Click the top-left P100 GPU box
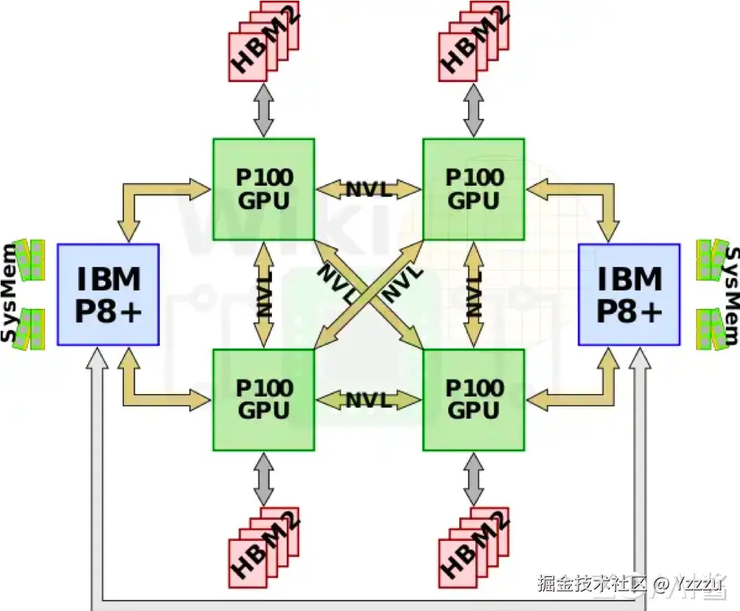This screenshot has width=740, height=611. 263,189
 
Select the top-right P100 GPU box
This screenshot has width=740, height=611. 473,189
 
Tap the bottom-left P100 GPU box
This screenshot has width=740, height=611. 263,399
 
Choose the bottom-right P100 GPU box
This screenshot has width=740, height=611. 473,399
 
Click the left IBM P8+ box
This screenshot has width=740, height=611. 108,294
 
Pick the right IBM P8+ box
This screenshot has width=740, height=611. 629,294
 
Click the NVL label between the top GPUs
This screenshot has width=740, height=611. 369,189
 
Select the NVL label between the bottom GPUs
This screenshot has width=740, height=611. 369,400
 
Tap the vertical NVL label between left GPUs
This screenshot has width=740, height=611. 264,294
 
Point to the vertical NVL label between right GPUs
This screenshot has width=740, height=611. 474,294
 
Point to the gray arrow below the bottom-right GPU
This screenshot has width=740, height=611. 474,479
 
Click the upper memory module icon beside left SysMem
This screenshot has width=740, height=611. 31,259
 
